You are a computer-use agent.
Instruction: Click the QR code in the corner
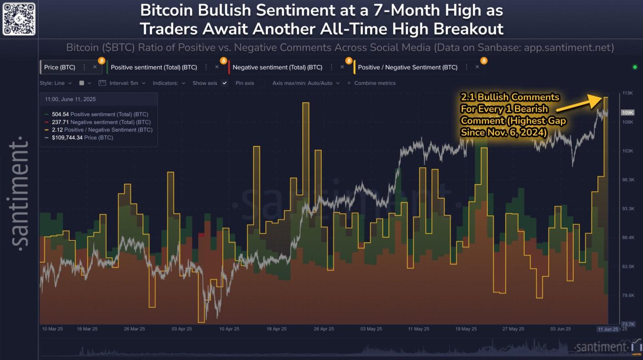(x=19, y=19)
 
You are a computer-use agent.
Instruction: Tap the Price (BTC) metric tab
(x=59, y=67)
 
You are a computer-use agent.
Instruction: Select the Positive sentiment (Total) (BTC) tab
(x=153, y=67)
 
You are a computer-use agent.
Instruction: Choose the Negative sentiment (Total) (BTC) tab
(x=277, y=67)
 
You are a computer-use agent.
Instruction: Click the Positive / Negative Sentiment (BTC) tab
(x=407, y=67)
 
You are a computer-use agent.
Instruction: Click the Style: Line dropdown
(x=56, y=83)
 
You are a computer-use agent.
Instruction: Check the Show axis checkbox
(x=225, y=83)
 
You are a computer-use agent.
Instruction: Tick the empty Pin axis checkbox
(x=261, y=83)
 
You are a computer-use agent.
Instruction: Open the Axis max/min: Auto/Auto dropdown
(x=306, y=83)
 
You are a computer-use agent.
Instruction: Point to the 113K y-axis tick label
(x=627, y=93)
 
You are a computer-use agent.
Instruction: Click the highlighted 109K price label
(x=627, y=112)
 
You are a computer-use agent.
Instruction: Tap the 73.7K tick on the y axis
(x=628, y=324)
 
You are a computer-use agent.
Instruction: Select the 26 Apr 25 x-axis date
(x=323, y=329)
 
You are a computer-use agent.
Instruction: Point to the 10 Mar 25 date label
(x=52, y=329)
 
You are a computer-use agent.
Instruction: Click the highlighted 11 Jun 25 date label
(x=608, y=329)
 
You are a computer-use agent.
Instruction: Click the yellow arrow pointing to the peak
(x=576, y=104)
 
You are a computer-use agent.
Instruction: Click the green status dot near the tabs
(x=635, y=67)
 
